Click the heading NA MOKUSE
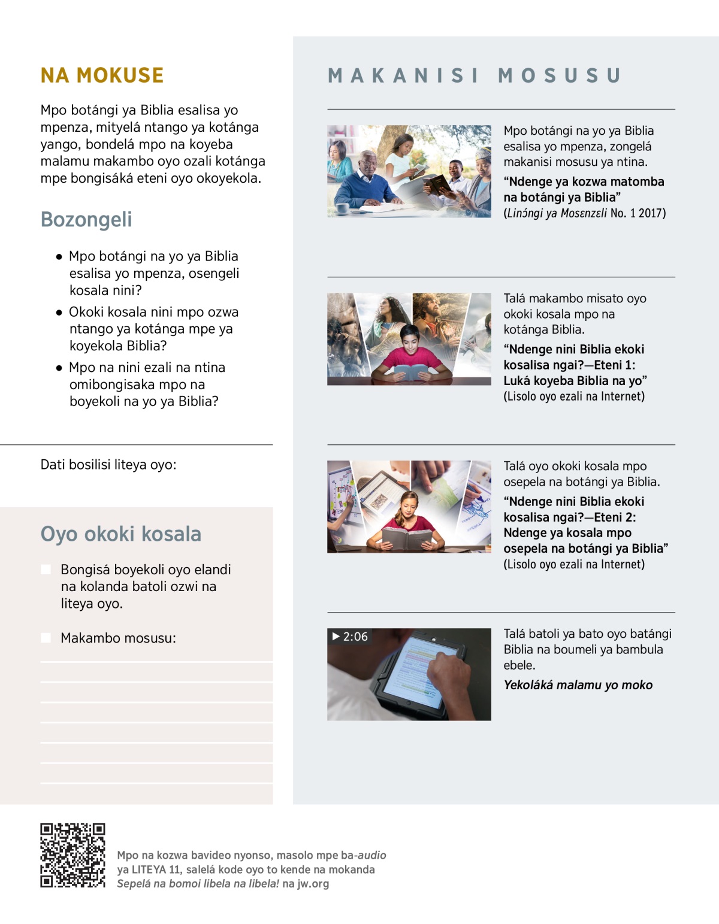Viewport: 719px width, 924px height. click(102, 75)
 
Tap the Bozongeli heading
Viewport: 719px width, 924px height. click(86, 219)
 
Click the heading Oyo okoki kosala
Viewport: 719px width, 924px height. click(121, 534)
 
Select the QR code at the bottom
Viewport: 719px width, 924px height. click(72, 855)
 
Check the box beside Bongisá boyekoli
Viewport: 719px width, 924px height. click(46, 569)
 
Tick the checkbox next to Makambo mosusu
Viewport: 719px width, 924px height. click(46, 638)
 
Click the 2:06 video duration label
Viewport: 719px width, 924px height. click(355, 637)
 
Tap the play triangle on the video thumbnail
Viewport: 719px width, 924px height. click(336, 636)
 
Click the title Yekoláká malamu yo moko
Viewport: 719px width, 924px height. click(578, 685)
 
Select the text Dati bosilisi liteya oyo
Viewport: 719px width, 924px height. click(108, 465)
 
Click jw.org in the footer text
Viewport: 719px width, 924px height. click(313, 884)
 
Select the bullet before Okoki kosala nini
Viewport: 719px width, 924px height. click(59, 313)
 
